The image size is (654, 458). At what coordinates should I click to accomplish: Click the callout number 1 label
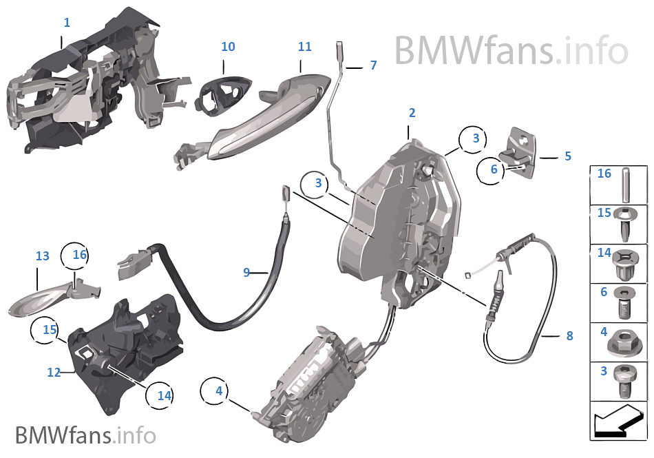point(67,23)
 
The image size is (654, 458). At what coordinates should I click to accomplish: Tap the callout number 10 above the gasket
point(228,47)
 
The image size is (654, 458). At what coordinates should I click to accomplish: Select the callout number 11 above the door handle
point(304,47)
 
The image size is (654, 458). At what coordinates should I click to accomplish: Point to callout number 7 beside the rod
point(373,65)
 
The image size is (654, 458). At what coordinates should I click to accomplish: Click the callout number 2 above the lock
point(412,112)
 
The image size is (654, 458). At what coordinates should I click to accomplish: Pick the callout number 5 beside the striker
point(568,156)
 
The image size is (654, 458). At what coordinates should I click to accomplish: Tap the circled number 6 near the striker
point(494,169)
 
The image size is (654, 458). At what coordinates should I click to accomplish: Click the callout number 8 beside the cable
point(569,336)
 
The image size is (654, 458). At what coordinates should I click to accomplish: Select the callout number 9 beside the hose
point(246,273)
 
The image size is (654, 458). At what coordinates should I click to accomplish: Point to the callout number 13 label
point(43,256)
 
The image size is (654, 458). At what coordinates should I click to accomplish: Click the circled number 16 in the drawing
point(80,255)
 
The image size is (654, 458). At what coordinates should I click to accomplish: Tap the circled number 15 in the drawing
point(50,330)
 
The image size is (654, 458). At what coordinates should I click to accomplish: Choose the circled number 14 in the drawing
point(164,396)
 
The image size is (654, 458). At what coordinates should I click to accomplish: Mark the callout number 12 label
point(54,373)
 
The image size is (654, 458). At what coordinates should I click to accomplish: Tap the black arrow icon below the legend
point(618,421)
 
